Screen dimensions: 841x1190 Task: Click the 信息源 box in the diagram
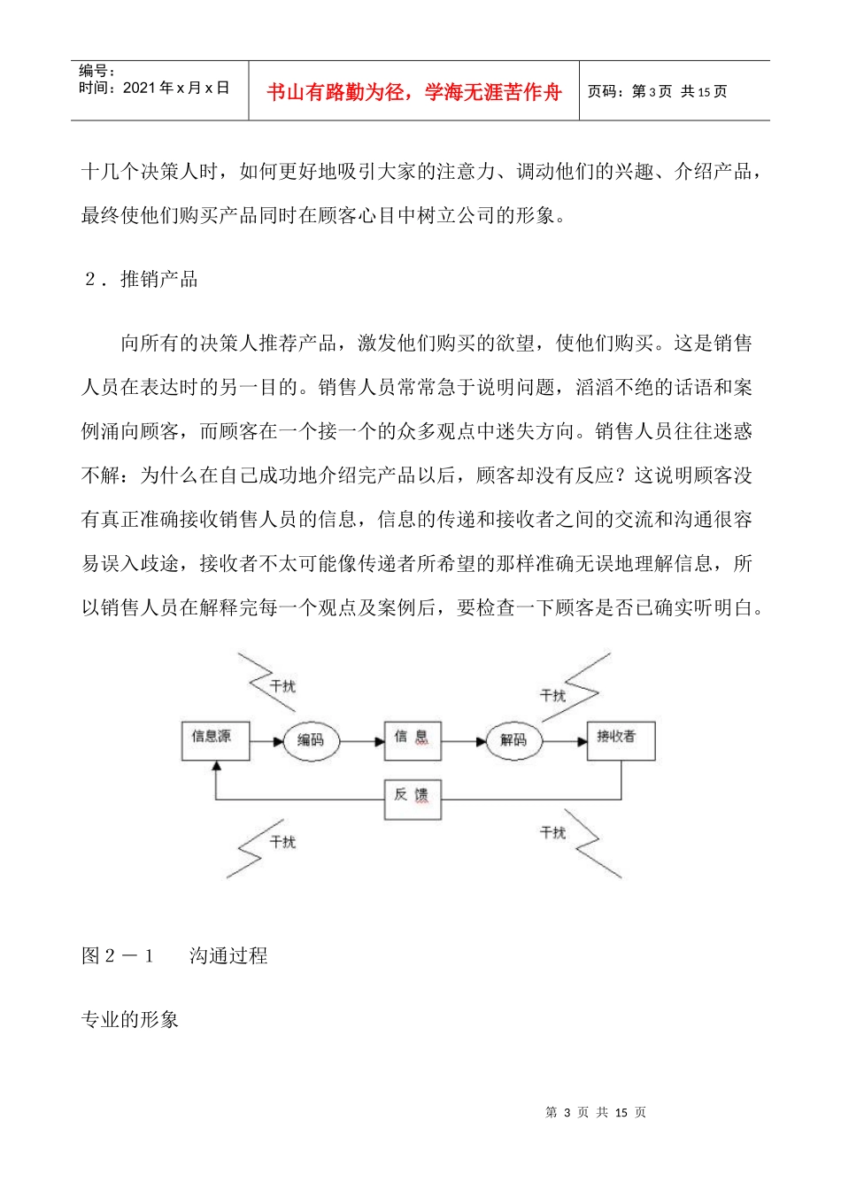click(x=215, y=740)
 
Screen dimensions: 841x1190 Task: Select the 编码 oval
click(x=310, y=740)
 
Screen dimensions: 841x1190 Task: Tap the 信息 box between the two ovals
click(x=413, y=740)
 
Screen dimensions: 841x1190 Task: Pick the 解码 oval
click(x=513, y=740)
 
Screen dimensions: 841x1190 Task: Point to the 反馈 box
click(x=412, y=799)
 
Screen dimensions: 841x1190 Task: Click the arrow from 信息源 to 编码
click(x=266, y=740)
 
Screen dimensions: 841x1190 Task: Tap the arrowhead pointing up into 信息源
click(x=216, y=768)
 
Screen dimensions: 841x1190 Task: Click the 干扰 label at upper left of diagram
click(x=282, y=686)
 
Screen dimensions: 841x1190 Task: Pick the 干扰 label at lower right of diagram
click(x=553, y=833)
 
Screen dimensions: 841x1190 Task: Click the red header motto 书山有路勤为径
click(x=413, y=92)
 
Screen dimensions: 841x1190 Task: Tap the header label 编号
click(x=96, y=71)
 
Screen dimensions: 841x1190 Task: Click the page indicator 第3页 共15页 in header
click(x=657, y=91)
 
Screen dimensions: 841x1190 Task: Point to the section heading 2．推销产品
click(x=142, y=280)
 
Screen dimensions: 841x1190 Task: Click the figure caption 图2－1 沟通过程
click(x=174, y=955)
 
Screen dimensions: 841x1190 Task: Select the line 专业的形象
click(x=130, y=1020)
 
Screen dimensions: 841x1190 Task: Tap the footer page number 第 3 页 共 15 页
click(x=596, y=1112)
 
